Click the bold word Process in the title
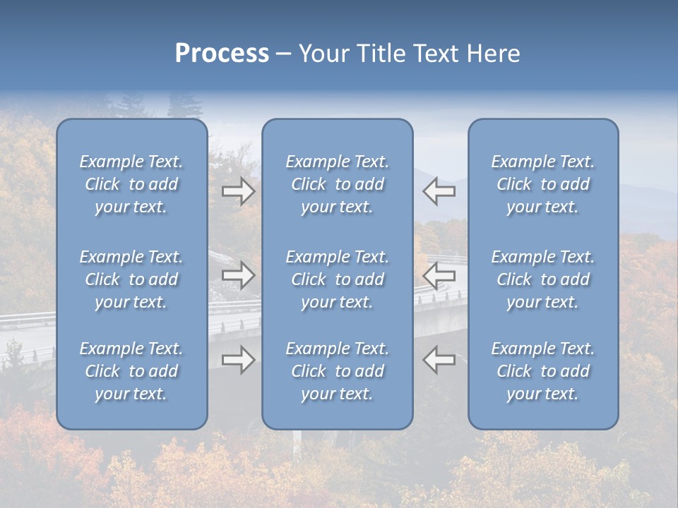(x=222, y=54)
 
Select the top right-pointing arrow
(x=239, y=191)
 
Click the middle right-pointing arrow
(x=239, y=276)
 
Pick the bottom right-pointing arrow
(x=239, y=360)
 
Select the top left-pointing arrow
(x=439, y=191)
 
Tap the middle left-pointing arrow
(x=439, y=276)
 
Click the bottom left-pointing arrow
(x=439, y=360)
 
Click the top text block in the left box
(x=131, y=184)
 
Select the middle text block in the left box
(x=131, y=279)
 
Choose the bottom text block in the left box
(x=131, y=371)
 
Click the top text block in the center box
(x=338, y=184)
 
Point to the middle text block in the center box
(x=338, y=279)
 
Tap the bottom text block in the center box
(x=338, y=371)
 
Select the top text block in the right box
(x=543, y=184)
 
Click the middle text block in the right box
(x=543, y=279)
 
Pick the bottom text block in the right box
(x=543, y=371)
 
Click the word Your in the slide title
(x=324, y=54)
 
